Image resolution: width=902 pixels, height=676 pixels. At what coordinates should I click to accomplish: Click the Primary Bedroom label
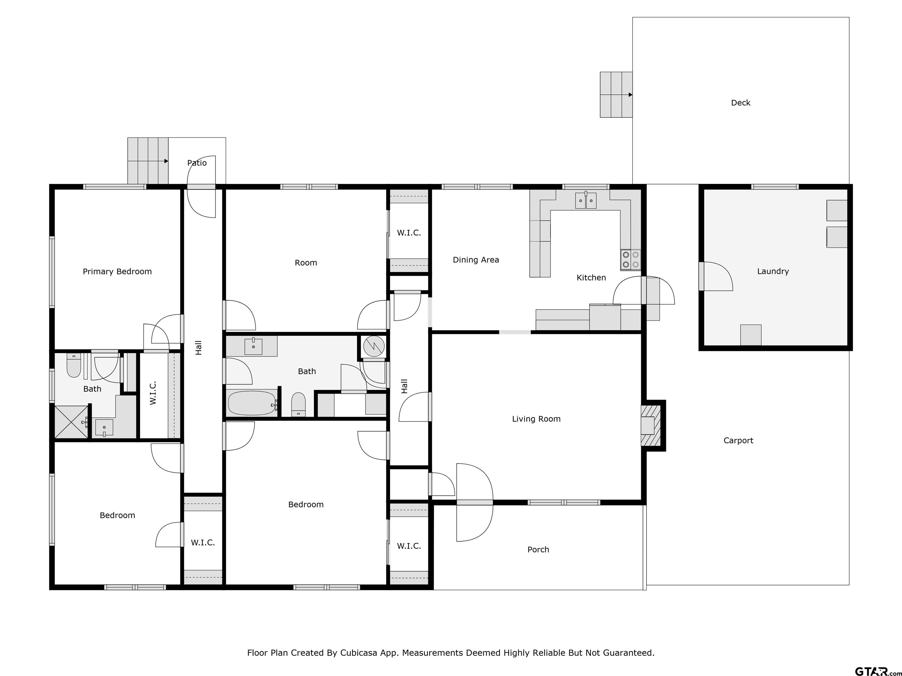tap(117, 271)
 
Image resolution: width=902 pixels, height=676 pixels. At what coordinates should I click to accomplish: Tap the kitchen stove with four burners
tap(630, 260)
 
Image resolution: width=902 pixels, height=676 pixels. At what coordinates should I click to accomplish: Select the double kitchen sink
tap(585, 200)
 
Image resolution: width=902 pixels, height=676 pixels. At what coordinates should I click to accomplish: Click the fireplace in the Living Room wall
tap(649, 425)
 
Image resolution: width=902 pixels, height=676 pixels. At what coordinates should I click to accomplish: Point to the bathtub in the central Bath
tap(252, 403)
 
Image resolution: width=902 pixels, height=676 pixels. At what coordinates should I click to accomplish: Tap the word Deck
tap(741, 103)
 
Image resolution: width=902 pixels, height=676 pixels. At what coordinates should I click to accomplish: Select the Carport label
tap(738, 440)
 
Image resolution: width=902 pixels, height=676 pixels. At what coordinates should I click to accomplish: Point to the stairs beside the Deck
tap(616, 94)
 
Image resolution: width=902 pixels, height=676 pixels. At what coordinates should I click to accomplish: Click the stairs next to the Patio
tap(148, 160)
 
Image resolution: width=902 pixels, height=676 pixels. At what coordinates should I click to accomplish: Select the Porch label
tap(538, 550)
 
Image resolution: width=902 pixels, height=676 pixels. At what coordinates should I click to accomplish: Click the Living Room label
tap(536, 419)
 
